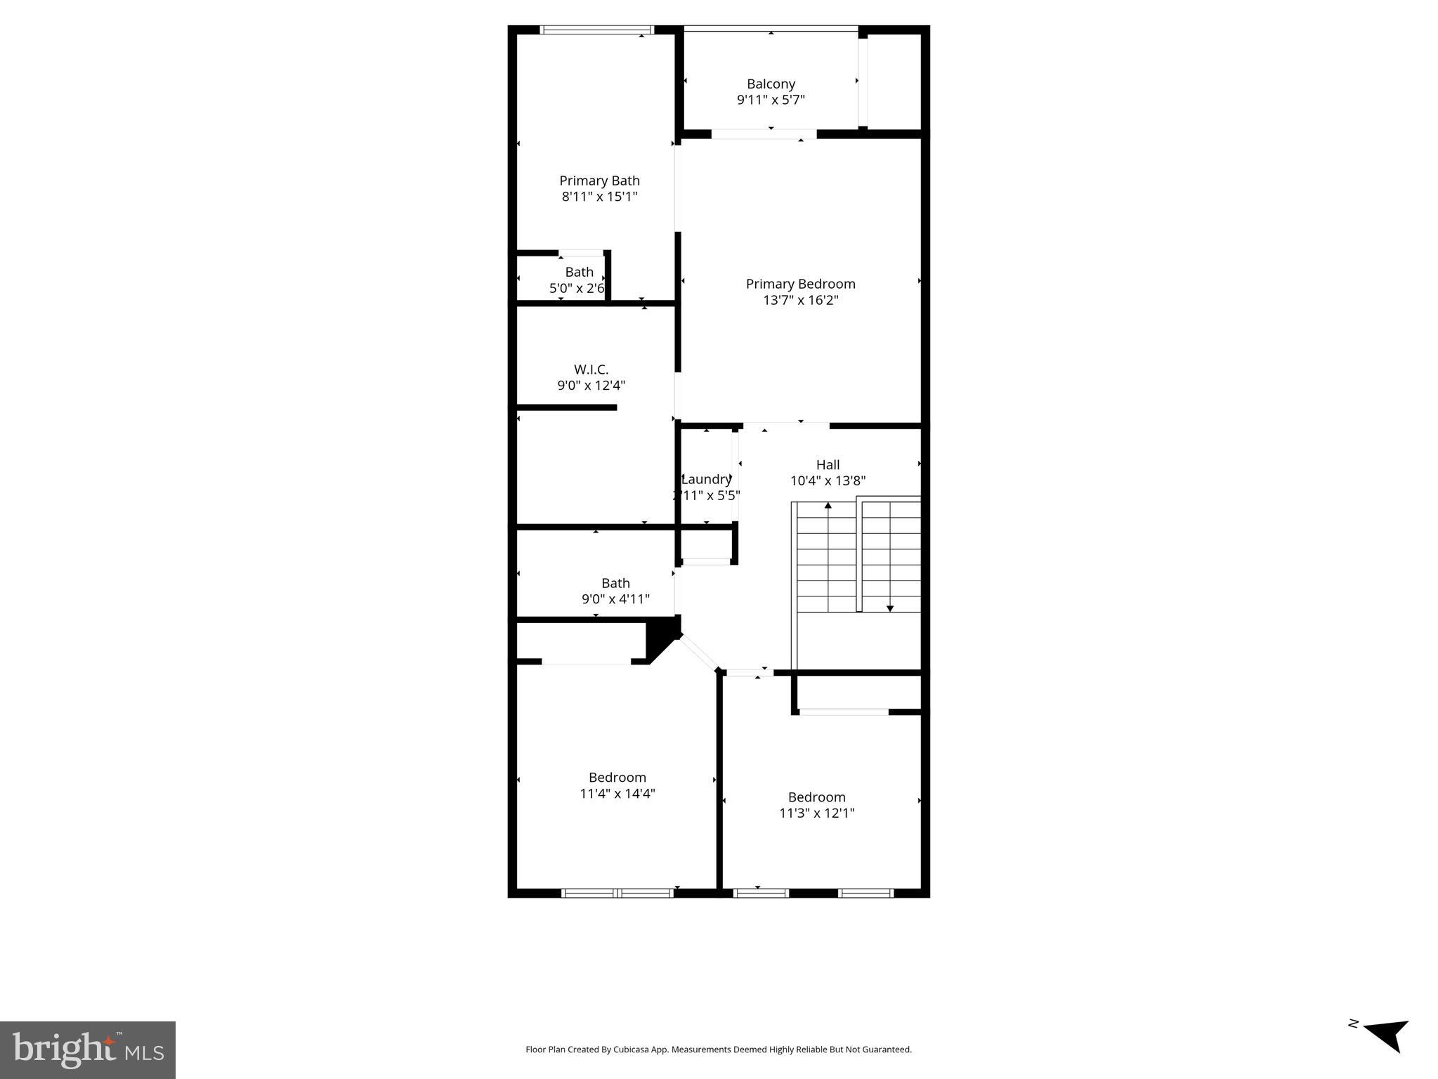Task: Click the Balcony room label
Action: [x=771, y=84]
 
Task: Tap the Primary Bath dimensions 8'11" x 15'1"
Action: [x=599, y=197]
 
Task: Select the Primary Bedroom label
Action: [x=800, y=284]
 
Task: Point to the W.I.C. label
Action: [x=591, y=370]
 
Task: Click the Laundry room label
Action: [x=706, y=479]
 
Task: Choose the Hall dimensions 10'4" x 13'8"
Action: [x=828, y=481]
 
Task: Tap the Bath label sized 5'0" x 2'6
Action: [x=579, y=272]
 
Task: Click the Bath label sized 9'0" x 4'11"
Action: [x=615, y=583]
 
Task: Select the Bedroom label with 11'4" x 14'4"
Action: [x=617, y=777]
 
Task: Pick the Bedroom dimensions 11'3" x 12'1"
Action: [x=816, y=813]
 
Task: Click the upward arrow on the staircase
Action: [x=828, y=506]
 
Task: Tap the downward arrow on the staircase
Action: [x=889, y=608]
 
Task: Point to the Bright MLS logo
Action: [x=88, y=1050]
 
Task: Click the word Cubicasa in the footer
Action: [x=630, y=1049]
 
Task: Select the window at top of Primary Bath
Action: [x=596, y=30]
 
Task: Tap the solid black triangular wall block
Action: [x=660, y=636]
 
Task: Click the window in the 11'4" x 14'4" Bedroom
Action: [x=617, y=894]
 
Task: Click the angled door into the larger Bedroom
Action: [x=699, y=653]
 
